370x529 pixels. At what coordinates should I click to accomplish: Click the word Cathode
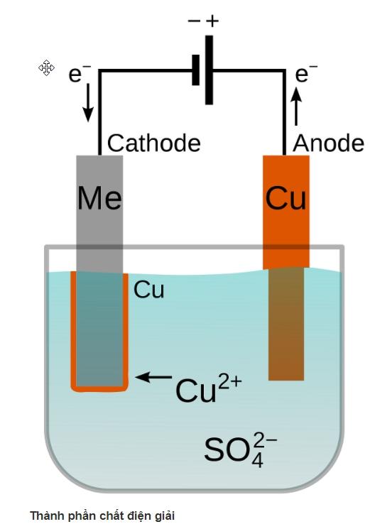(154, 143)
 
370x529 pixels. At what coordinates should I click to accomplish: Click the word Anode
(328, 143)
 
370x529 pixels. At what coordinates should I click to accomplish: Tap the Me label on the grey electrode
(99, 198)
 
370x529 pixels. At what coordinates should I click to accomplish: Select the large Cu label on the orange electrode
(285, 198)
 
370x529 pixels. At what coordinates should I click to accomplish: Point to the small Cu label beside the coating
(148, 290)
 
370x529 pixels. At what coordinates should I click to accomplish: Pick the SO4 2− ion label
(241, 449)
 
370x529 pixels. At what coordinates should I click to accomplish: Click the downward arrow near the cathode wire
(88, 102)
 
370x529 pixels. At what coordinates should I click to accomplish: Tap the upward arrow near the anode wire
(296, 107)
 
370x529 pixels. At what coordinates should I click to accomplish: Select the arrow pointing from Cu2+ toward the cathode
(153, 377)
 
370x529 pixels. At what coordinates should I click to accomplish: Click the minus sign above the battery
(194, 21)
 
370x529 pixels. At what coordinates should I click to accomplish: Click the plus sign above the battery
(212, 21)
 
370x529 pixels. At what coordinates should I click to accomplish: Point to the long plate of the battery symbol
(209, 70)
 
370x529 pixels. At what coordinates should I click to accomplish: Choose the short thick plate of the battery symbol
(195, 70)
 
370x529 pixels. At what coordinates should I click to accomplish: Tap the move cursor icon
(46, 68)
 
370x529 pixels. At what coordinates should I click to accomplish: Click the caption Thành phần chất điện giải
(102, 516)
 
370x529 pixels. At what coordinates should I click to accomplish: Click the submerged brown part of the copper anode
(286, 324)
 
